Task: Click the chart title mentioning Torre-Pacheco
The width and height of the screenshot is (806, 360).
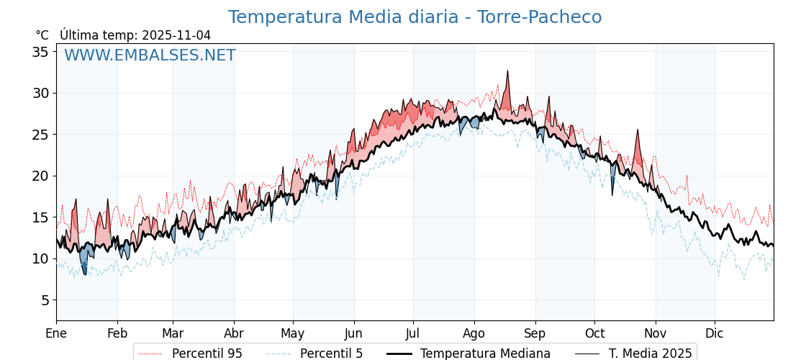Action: click(x=415, y=17)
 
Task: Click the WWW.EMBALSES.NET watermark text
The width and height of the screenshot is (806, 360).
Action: click(x=150, y=55)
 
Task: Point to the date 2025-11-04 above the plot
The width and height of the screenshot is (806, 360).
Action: click(x=176, y=35)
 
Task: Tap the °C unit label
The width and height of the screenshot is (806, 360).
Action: click(x=42, y=35)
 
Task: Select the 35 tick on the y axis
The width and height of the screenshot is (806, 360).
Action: click(x=40, y=52)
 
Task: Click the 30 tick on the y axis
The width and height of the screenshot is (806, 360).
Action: click(x=40, y=93)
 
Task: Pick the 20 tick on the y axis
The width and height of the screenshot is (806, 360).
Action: click(x=40, y=176)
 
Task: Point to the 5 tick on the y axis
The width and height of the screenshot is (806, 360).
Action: click(x=45, y=300)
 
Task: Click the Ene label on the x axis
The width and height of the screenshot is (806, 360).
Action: click(x=56, y=333)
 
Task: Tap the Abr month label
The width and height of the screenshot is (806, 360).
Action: click(x=234, y=333)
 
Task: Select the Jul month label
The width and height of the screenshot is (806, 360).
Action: click(x=413, y=333)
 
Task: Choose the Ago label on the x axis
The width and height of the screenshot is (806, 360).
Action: click(x=474, y=333)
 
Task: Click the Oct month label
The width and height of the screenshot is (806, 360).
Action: click(x=594, y=333)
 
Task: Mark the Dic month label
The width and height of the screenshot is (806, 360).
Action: click(x=715, y=333)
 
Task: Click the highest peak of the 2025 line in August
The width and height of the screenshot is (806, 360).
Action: click(x=507, y=71)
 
